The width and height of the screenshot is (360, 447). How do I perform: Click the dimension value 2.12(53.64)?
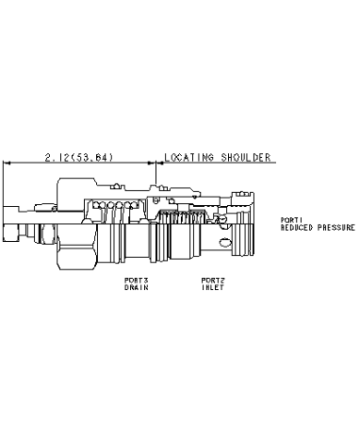tap(79, 157)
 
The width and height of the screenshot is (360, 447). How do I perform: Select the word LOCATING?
tap(189, 157)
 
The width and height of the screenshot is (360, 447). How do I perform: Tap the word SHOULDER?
tap(246, 157)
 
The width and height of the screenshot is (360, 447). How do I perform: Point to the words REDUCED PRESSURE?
tap(318, 228)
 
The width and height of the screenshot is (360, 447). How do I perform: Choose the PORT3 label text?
tap(137, 281)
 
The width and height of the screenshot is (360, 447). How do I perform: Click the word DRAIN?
tap(137, 287)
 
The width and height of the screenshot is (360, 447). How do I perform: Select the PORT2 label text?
tap(213, 281)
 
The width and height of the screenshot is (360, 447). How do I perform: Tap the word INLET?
tap(213, 287)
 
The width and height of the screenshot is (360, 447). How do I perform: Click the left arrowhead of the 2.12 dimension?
tap(6, 163)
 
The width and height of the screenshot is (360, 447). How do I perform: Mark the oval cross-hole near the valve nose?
tap(225, 243)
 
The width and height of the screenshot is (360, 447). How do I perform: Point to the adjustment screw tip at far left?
tap(10, 233)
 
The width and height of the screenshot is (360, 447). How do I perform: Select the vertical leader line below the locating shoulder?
tap(156, 174)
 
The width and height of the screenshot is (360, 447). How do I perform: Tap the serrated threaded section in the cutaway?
tap(182, 217)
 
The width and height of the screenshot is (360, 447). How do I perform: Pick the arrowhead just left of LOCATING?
tap(160, 163)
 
